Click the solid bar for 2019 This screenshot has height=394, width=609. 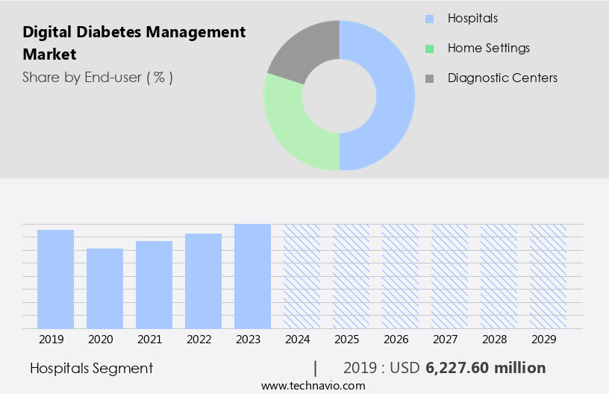point(55,279)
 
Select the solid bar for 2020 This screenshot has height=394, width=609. point(104,288)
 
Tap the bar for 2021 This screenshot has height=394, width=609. point(154,284)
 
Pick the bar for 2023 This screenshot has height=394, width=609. point(252,276)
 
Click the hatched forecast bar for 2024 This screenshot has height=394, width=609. point(302,276)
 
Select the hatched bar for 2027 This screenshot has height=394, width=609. point(449,276)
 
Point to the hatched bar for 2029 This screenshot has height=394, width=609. point(548,276)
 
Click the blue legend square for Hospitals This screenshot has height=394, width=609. point(428,19)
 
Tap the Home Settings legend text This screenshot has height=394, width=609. point(488,48)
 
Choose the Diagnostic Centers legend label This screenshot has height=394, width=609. point(502,78)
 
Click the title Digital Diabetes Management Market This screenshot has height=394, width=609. point(134,43)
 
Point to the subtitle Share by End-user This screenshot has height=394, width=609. point(98,77)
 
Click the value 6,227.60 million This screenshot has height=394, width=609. point(485,368)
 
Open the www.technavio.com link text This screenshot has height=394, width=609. point(313,385)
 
